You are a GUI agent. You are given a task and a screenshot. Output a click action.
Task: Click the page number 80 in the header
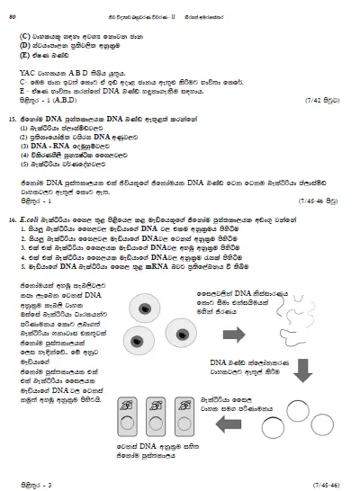pyautogui.click(x=13, y=10)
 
